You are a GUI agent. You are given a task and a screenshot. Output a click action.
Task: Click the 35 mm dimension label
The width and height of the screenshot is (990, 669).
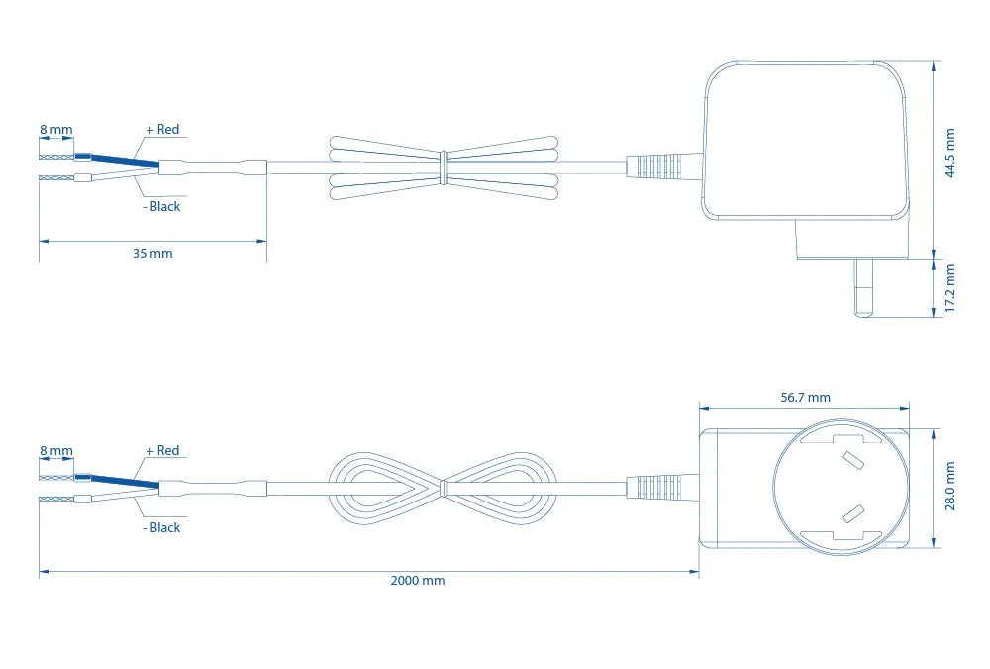[152, 254]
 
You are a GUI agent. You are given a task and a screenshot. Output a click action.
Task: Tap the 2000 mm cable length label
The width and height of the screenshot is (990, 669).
[418, 581]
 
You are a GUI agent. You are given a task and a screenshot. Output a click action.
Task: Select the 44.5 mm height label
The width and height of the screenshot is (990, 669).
[950, 153]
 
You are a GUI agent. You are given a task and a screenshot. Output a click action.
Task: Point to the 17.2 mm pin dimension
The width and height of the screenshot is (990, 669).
[950, 287]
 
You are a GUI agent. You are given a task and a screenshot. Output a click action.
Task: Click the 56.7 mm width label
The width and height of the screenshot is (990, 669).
[805, 398]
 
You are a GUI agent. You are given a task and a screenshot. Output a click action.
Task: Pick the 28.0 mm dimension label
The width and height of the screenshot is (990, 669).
[950, 486]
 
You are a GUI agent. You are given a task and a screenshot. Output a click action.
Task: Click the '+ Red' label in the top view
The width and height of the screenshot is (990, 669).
[163, 130]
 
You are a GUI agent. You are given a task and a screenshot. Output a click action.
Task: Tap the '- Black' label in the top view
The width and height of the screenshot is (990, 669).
[161, 207]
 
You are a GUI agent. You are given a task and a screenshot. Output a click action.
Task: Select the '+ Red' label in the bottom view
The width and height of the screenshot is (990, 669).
[163, 451]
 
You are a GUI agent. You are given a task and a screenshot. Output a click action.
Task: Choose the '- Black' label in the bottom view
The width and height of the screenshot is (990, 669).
[161, 528]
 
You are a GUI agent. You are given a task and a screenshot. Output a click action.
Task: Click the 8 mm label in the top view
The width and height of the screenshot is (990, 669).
[56, 130]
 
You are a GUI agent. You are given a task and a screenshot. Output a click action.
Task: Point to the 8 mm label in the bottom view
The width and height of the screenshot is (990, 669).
[56, 451]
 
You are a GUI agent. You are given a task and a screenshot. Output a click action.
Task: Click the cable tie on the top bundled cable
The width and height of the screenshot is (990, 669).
[444, 168]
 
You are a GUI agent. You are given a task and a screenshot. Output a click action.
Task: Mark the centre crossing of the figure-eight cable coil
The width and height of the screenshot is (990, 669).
[444, 488]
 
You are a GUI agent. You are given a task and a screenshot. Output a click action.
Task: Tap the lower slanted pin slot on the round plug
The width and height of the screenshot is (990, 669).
[853, 514]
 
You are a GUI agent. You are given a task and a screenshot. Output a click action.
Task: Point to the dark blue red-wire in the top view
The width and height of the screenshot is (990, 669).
[116, 160]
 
